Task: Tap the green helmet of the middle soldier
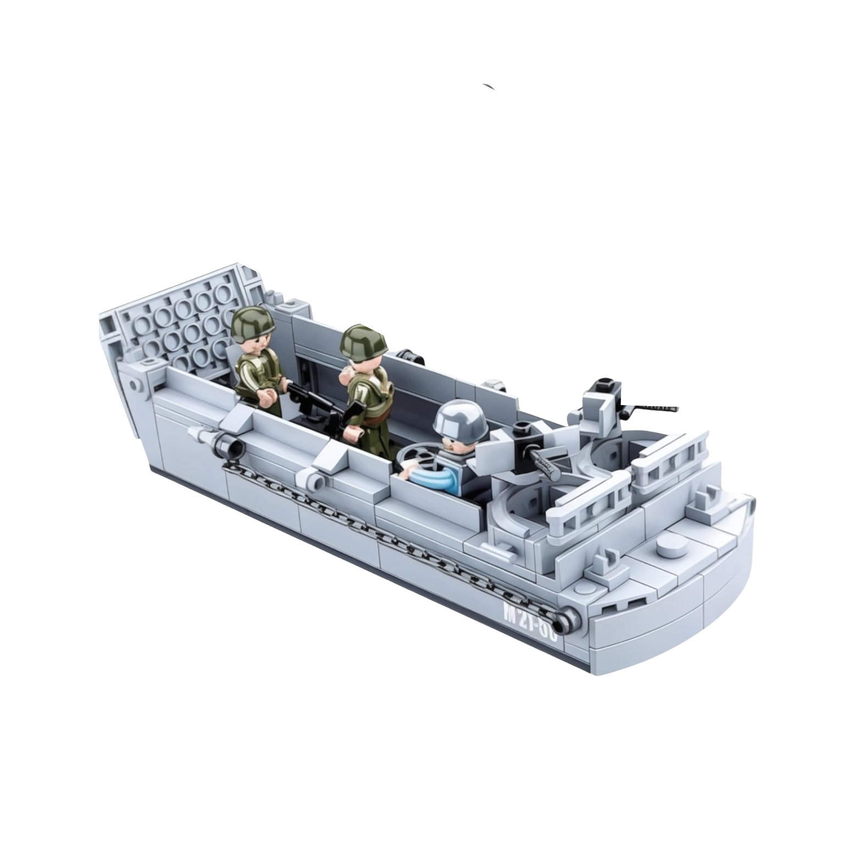(x=360, y=340)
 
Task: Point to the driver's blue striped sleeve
(x=435, y=472)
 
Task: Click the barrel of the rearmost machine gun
(x=654, y=408)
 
